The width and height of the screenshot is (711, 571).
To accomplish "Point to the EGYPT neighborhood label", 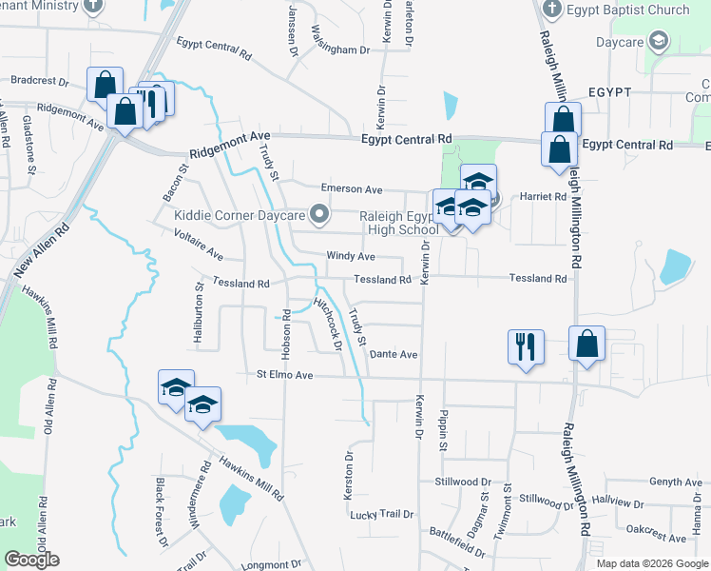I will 609,92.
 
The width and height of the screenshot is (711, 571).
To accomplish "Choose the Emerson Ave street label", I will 351,189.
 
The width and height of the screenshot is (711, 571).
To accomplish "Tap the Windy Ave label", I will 351,256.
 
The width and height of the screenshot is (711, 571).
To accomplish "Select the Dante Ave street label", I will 394,354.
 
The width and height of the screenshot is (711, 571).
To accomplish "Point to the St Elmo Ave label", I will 286,376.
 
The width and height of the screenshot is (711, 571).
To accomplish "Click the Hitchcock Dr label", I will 329,325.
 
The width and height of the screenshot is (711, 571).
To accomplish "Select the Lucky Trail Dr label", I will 382,514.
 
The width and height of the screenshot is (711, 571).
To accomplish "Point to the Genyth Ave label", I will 675,482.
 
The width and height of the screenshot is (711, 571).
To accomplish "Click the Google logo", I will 31,560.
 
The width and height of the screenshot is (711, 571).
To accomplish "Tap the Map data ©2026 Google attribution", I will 651,563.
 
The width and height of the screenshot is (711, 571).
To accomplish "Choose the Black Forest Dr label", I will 161,512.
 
